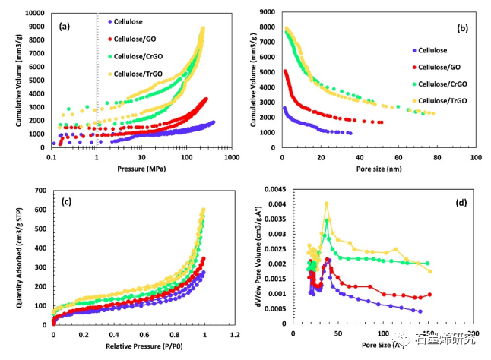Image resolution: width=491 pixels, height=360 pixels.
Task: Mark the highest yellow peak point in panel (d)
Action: pos(326,204)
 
